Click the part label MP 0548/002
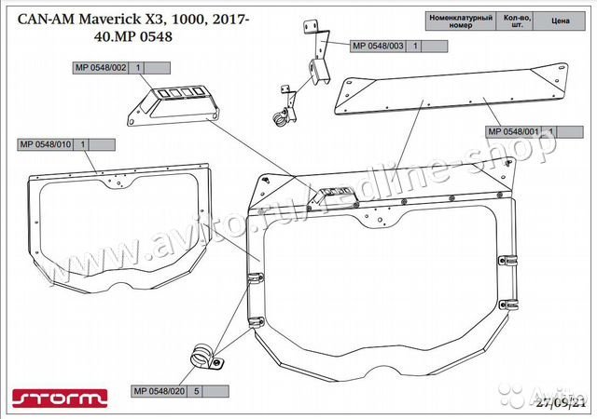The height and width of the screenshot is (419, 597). click(x=104, y=68)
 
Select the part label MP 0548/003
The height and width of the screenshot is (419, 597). click(x=378, y=46)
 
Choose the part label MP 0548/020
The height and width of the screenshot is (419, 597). click(x=161, y=392)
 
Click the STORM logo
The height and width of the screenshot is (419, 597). click(x=57, y=400)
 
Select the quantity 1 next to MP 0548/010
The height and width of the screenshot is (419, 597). click(x=84, y=144)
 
